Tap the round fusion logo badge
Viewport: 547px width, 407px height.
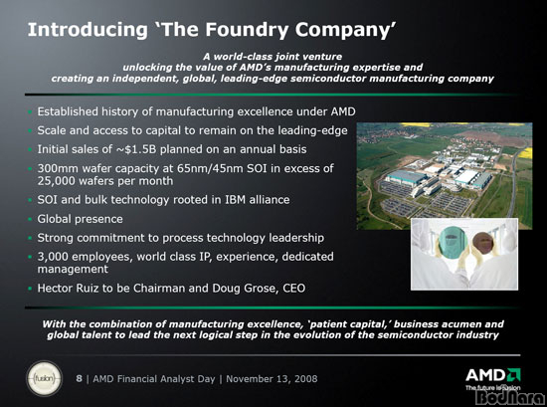(x=45, y=378)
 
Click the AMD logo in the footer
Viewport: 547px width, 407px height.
(x=493, y=375)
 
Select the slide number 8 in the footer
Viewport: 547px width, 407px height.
(x=80, y=379)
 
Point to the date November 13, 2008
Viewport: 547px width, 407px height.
(x=272, y=379)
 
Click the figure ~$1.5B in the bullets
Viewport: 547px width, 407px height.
(x=136, y=149)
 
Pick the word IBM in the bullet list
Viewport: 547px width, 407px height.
(x=235, y=200)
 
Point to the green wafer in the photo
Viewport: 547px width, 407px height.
(x=453, y=242)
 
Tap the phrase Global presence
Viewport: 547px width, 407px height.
(x=80, y=219)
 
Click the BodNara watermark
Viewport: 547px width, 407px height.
(x=510, y=398)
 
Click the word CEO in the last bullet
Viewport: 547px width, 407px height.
(x=294, y=289)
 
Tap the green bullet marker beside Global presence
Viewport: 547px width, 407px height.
(x=30, y=220)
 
